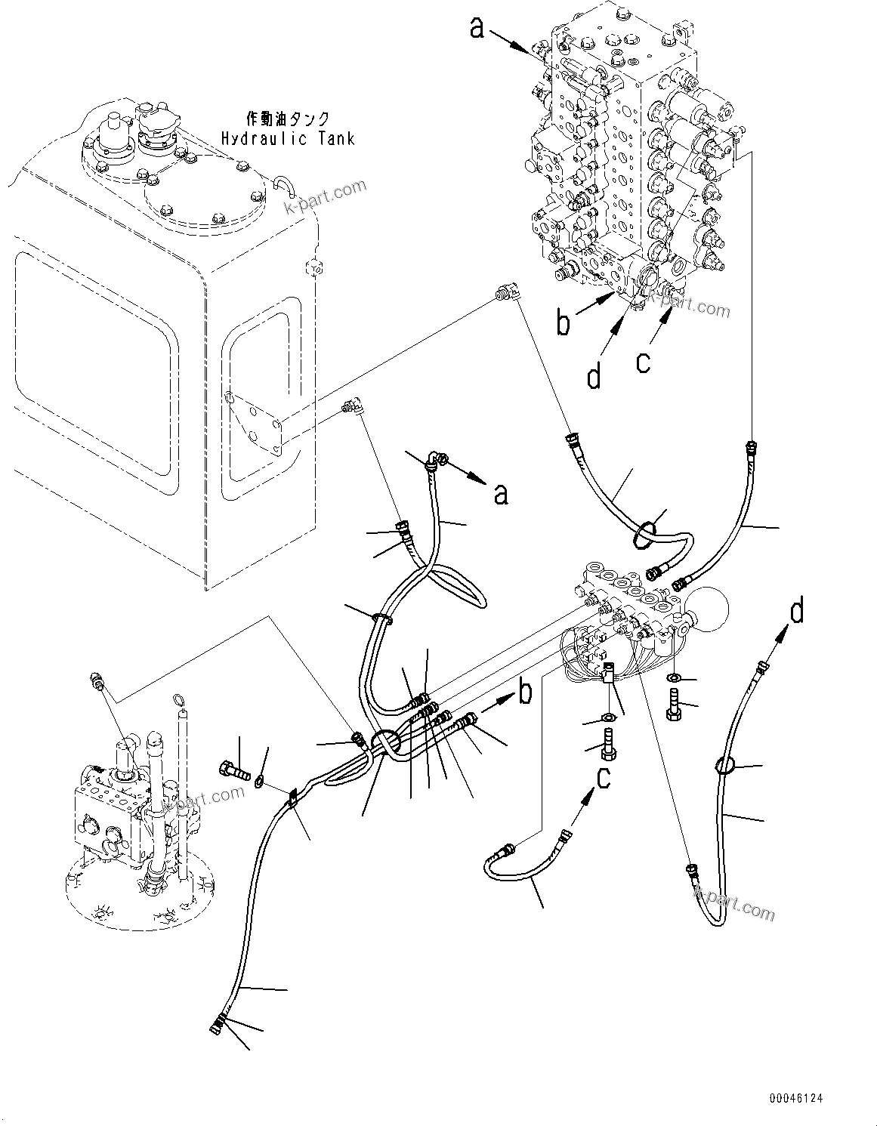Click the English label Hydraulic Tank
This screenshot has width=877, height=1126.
click(x=287, y=138)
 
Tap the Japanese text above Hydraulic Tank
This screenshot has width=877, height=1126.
click(x=289, y=119)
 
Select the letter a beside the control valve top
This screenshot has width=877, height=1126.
click(x=477, y=28)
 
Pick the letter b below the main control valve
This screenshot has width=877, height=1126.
click(x=562, y=322)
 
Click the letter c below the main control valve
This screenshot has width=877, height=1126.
click(x=642, y=362)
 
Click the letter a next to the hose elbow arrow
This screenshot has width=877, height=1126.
click(x=501, y=494)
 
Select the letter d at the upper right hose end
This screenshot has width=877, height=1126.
click(x=797, y=612)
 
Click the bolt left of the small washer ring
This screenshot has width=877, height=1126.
click(x=233, y=773)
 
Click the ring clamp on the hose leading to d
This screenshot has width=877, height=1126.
click(x=723, y=767)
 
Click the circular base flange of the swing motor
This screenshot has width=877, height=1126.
click(x=140, y=899)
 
